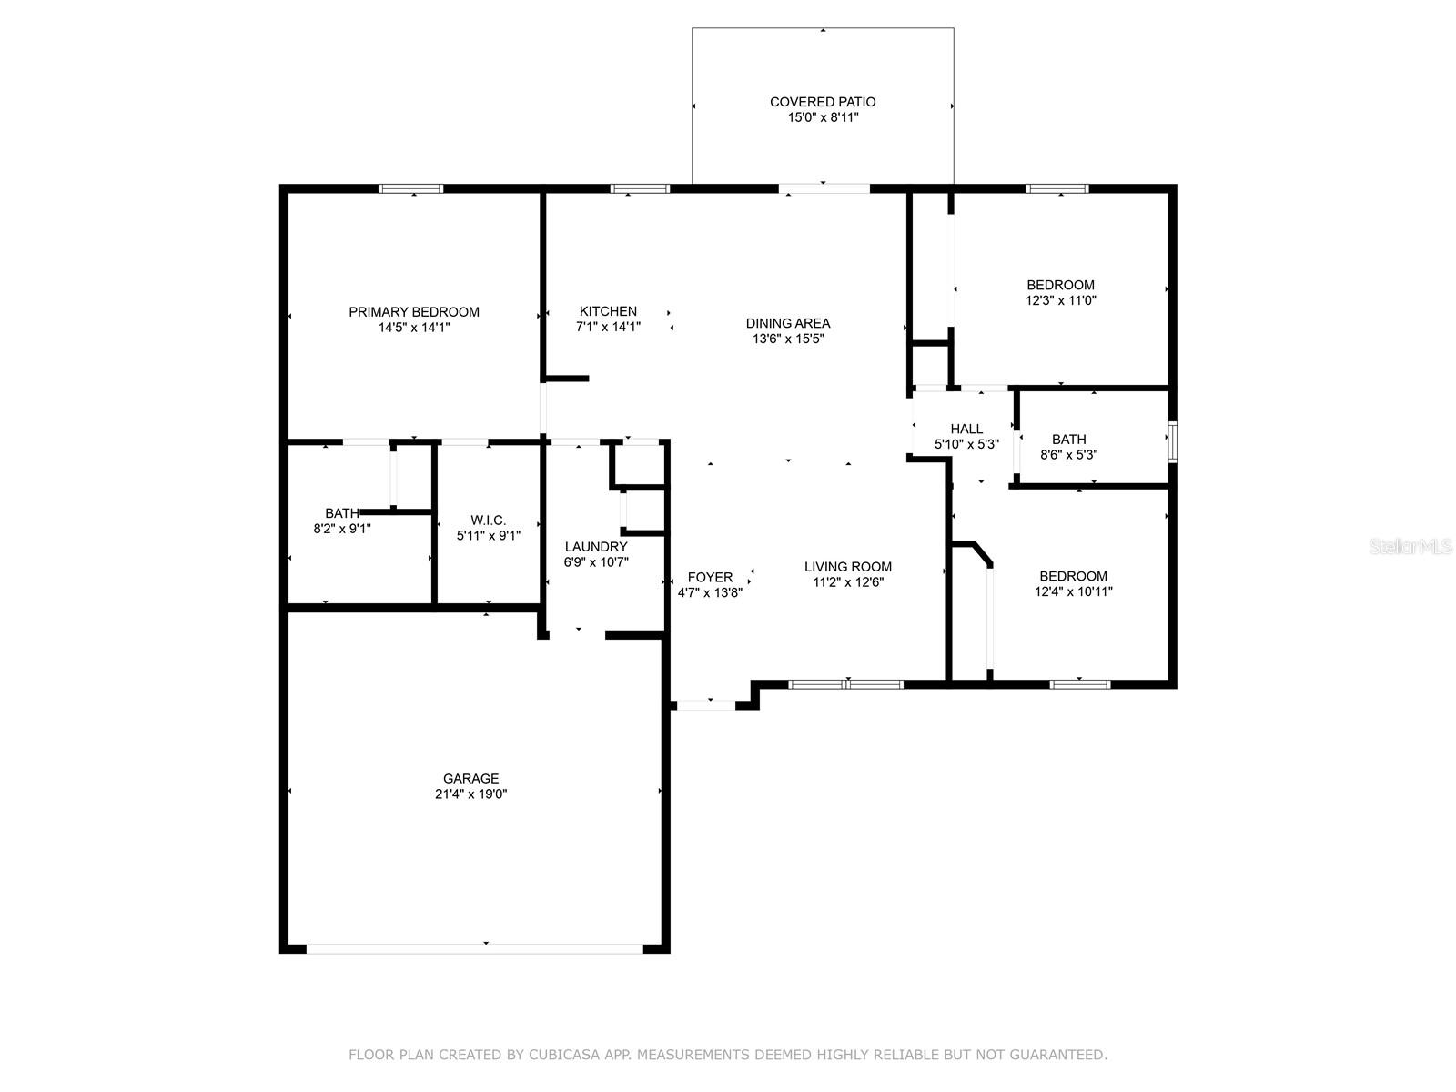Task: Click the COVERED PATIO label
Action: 823,102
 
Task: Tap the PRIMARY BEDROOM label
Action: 414,312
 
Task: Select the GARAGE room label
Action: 471,778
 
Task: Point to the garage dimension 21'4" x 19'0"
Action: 471,794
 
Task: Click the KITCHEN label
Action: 608,311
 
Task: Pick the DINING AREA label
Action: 788,324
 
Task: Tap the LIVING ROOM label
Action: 848,567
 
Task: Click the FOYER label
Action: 710,578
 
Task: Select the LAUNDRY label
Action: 596,547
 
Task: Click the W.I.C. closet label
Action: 488,521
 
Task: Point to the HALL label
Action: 966,429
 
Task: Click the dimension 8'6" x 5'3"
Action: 1068,455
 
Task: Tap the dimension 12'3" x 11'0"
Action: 1061,300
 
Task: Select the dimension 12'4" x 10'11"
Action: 1073,591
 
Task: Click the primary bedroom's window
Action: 411,189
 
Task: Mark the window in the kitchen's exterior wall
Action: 640,189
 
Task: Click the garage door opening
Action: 475,949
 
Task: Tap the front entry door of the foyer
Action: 706,705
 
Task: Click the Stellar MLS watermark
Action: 1410,547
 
